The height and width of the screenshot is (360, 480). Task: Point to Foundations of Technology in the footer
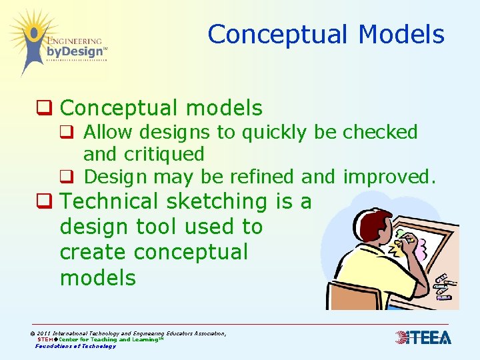(75, 346)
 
